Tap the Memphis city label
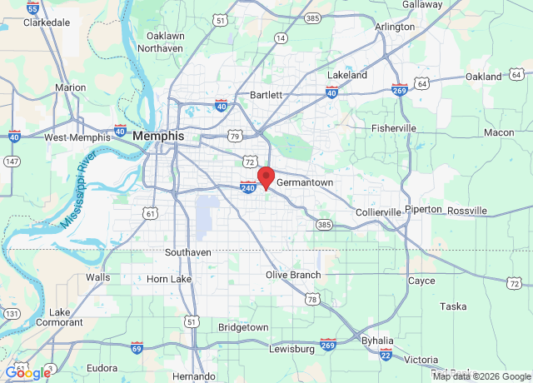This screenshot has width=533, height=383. pyautogui.click(x=156, y=135)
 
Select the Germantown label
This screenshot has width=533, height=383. pyautogui.click(x=304, y=182)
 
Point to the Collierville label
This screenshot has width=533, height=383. pyautogui.click(x=378, y=212)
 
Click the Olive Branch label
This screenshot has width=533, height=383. pyautogui.click(x=292, y=275)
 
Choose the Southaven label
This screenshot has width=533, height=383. pyautogui.click(x=187, y=251)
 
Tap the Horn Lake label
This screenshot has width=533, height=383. pyautogui.click(x=169, y=279)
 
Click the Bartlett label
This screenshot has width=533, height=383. pyautogui.click(x=266, y=95)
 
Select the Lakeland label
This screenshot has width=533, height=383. pyautogui.click(x=346, y=75)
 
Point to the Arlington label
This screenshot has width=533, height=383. pyautogui.click(x=395, y=27)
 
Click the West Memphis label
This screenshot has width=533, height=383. pyautogui.click(x=77, y=137)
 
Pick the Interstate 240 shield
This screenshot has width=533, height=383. pyautogui.click(x=248, y=187)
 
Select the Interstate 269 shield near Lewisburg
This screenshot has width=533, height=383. pyautogui.click(x=328, y=344)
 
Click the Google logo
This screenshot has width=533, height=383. pyautogui.click(x=27, y=372)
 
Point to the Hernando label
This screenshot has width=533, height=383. pyautogui.click(x=193, y=376)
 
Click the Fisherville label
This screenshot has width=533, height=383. pyautogui.click(x=393, y=128)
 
